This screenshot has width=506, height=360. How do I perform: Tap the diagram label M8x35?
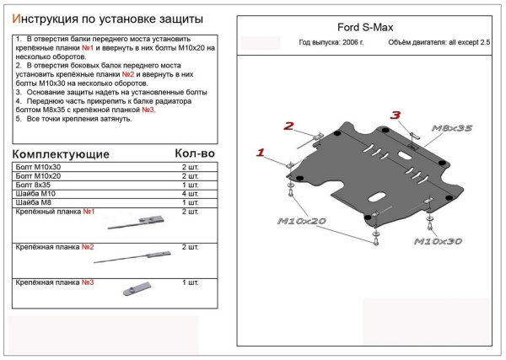click(453, 127)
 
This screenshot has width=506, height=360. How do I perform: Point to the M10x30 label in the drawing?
click(439, 241)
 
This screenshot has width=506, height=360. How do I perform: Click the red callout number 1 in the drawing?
click(261, 153)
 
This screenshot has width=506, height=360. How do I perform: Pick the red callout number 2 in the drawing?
click(288, 126)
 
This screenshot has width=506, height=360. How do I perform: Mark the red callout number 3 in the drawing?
click(395, 115)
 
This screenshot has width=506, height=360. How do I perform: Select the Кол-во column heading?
click(195, 153)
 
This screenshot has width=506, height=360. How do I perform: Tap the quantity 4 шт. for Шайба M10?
click(190, 193)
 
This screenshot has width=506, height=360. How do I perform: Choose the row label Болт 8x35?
click(35, 184)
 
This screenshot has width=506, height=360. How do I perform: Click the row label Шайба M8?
click(33, 202)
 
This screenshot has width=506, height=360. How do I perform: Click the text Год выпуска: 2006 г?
click(329, 42)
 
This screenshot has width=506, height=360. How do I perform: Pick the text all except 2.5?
click(468, 42)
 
